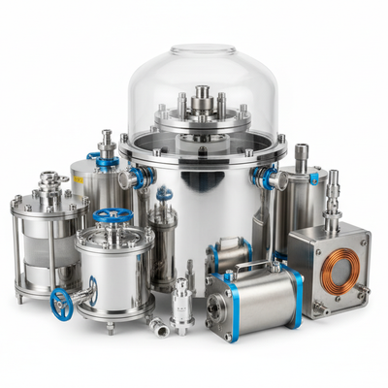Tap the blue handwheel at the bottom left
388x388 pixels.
[61, 303]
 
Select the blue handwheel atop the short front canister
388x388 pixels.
[113, 215]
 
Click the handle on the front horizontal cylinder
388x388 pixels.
[253, 265]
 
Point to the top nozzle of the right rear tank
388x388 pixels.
[302, 154]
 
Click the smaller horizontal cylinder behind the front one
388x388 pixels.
[230, 255]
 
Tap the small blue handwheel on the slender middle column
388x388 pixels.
[164, 194]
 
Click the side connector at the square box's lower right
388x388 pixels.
[363, 290]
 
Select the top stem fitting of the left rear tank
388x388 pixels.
[106, 143]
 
